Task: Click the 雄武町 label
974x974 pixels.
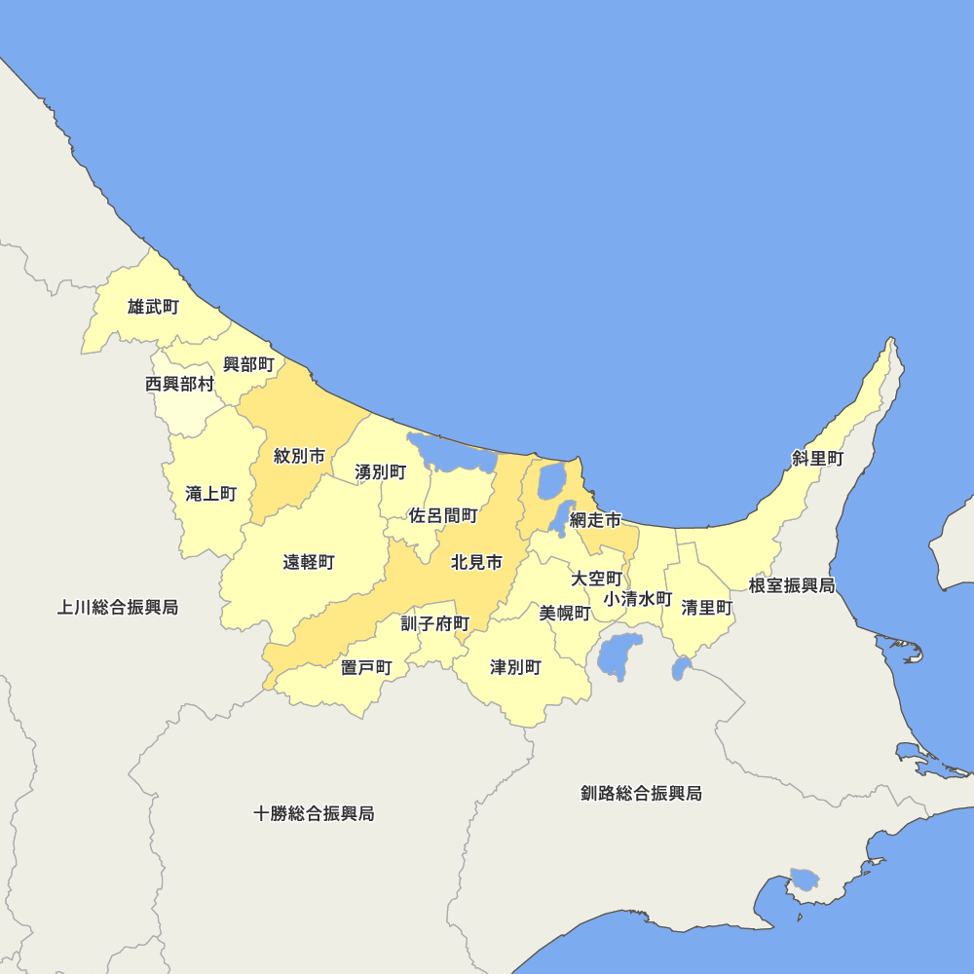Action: [153, 308]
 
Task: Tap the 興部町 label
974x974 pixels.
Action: [248, 364]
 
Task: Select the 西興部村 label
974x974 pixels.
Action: [179, 384]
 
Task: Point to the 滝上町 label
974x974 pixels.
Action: [210, 494]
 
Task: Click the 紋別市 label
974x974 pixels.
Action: [299, 456]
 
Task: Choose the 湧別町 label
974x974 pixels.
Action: [381, 472]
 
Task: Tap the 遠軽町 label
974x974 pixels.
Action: [309, 562]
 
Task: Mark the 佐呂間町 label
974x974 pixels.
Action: [443, 515]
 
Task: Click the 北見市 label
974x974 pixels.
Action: [477, 562]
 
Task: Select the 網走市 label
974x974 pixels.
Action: [595, 520]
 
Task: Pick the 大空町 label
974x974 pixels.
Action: [596, 579]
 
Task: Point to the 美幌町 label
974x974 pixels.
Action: [565, 613]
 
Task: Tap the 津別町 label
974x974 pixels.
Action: [515, 667]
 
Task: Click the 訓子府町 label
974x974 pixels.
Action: [435, 623]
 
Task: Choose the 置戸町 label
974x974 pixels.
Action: [366, 667]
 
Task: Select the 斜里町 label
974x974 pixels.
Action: [817, 459]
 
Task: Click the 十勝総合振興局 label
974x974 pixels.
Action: [314, 813]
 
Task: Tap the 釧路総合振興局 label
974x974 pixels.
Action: [640, 793]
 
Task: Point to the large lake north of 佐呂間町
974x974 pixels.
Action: [452, 454]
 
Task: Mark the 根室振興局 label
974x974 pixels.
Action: [792, 585]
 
